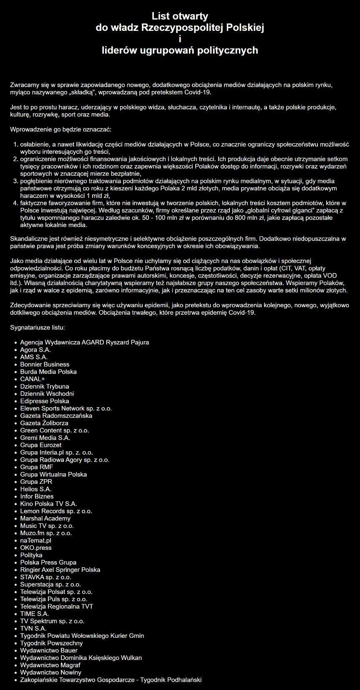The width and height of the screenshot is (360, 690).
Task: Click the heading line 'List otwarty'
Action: point(180,16)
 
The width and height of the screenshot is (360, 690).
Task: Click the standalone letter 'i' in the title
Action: point(180,39)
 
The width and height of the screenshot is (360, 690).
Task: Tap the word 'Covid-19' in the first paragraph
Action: point(199,92)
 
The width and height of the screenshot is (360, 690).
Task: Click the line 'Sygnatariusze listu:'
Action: point(37,327)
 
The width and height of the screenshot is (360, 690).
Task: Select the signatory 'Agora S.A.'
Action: point(35,350)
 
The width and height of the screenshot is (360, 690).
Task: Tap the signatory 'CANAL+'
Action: point(32,379)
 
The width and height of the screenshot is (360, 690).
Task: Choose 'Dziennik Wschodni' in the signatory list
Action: point(47,394)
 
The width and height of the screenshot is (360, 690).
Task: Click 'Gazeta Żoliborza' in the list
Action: point(44,423)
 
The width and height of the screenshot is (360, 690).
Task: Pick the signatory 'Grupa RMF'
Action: point(37,467)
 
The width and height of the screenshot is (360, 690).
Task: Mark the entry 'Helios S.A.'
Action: point(36,489)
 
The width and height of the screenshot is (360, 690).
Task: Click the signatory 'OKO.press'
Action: point(36,548)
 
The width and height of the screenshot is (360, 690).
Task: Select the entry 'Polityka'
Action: point(31,555)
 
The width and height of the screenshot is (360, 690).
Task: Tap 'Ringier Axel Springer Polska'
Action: point(60,570)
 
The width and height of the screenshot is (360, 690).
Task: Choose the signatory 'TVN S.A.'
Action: point(33,628)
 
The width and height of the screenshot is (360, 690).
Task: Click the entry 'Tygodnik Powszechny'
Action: point(51,643)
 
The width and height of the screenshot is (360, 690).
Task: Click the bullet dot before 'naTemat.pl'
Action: point(15,541)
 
